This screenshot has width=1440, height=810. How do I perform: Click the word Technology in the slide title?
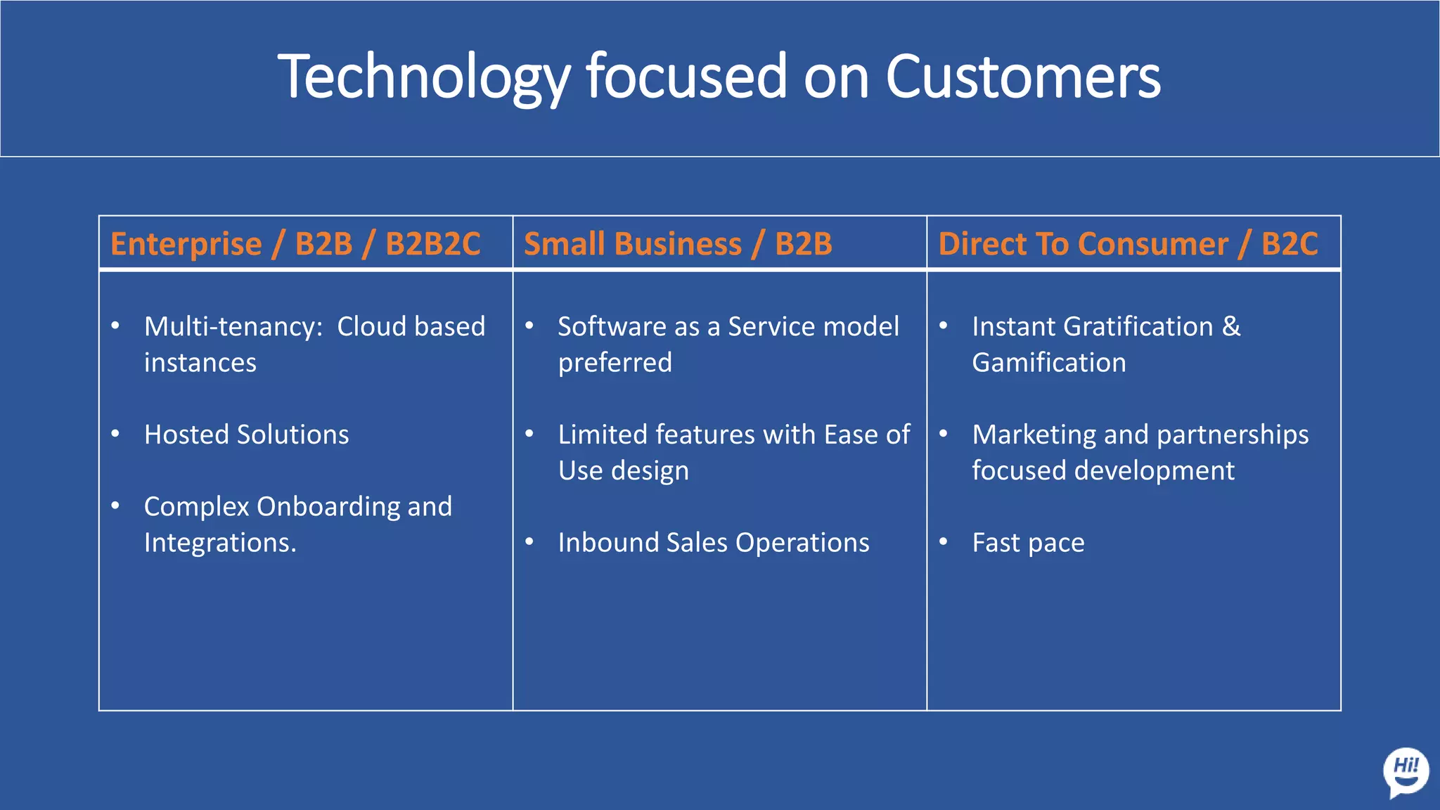coord(424,77)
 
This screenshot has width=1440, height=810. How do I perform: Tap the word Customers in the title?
coord(1022,77)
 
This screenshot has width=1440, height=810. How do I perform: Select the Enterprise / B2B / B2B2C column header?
coord(295,244)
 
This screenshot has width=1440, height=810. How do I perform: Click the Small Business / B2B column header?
coord(678,244)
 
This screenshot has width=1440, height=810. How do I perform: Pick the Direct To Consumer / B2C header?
coord(1128,244)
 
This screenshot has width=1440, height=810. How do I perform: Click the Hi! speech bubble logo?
coord(1406,772)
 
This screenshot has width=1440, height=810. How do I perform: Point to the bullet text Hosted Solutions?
coord(246,435)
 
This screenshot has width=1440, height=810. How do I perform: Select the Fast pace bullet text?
coord(1028,543)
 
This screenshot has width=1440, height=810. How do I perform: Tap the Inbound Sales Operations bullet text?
coord(713,543)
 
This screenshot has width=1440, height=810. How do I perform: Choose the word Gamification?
coord(1048,363)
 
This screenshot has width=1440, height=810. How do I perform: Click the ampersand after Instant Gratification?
coord(1231,327)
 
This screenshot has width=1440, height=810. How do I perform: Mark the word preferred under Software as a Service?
coord(615,363)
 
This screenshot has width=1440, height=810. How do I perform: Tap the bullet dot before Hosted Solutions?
coord(115,434)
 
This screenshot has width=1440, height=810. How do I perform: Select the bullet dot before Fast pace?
coord(944,542)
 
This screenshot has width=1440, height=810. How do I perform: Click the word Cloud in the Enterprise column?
coord(371,327)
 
